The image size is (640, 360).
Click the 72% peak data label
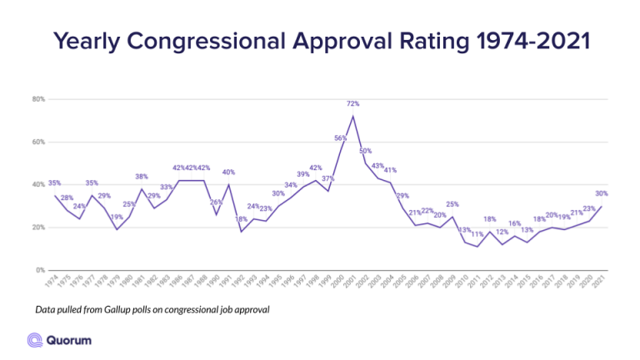click(x=352, y=104)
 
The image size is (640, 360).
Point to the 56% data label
click(x=340, y=138)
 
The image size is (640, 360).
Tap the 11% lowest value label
click(x=477, y=234)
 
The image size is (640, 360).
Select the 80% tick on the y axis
click(x=37, y=99)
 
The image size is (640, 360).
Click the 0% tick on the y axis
click(x=39, y=270)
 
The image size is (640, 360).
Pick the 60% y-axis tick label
click(x=37, y=142)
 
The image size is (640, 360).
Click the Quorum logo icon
click(x=36, y=339)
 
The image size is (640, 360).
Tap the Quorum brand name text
click(x=70, y=339)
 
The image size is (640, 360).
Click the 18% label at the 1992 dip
click(x=242, y=219)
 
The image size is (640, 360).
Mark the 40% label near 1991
click(x=228, y=172)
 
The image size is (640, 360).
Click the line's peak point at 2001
click(x=353, y=116)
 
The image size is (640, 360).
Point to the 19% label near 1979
click(x=117, y=217)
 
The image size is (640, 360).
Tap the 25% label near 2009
click(x=452, y=204)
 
